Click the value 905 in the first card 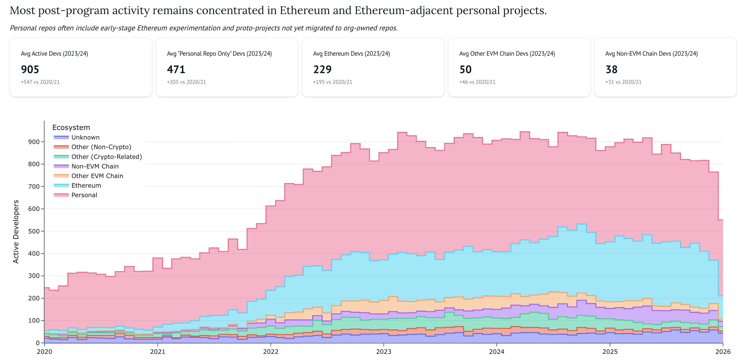(30, 69)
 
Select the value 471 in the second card (176, 69)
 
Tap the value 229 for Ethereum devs (322, 69)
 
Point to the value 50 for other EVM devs (465, 69)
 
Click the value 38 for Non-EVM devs (611, 69)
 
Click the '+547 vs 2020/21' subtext (40, 82)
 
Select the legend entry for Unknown (85, 138)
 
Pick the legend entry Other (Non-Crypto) (101, 147)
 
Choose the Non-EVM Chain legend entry (95, 166)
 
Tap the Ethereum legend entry (86, 186)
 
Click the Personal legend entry (84, 195)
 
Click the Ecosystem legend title (71, 128)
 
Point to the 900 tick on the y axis (33, 142)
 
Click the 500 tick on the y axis (33, 231)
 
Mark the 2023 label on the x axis (383, 352)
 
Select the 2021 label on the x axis (158, 352)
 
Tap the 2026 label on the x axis (723, 352)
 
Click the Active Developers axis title (16, 231)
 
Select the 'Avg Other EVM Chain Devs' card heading (507, 53)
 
